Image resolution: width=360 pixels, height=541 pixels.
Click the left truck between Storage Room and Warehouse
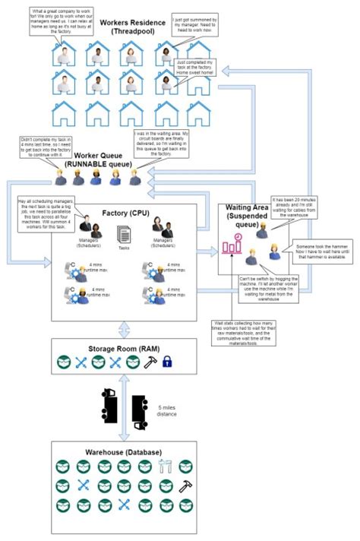point(108,407)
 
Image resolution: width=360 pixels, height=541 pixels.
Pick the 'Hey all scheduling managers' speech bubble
point(46,214)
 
